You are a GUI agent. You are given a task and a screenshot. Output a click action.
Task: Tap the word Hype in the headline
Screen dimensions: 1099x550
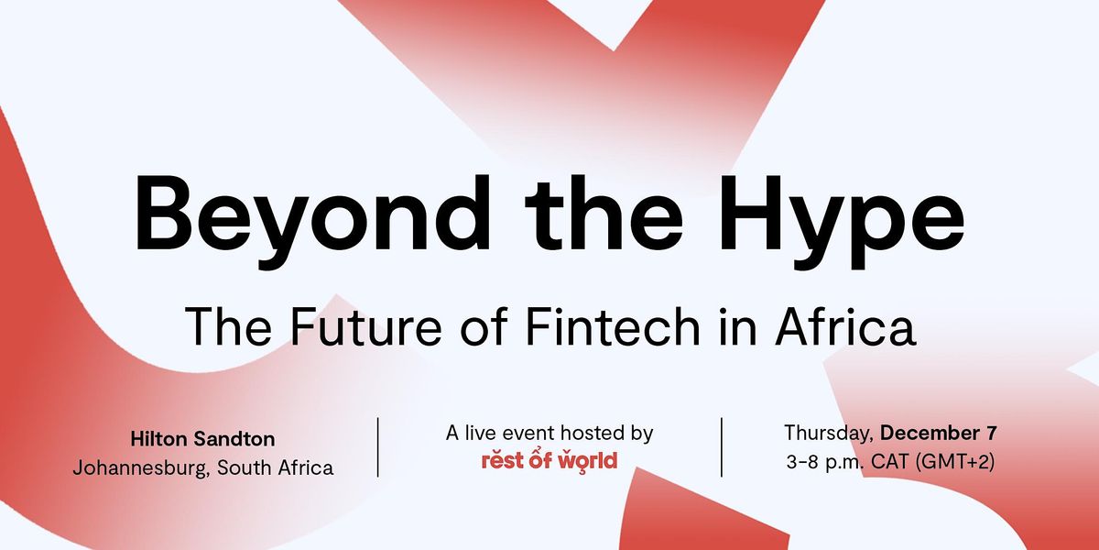pyautogui.click(x=841, y=221)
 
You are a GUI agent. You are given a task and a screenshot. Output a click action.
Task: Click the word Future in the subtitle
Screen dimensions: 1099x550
pyautogui.click(x=366, y=325)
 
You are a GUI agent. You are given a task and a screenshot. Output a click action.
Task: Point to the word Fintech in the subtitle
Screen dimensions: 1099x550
pyautogui.click(x=613, y=325)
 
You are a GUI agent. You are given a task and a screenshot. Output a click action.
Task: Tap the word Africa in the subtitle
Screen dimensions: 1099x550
pyautogui.click(x=845, y=325)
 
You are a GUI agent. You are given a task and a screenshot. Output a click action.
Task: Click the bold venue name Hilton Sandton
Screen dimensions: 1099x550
pyautogui.click(x=202, y=439)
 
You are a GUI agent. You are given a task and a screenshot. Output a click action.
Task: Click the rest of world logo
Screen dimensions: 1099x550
pyautogui.click(x=549, y=461)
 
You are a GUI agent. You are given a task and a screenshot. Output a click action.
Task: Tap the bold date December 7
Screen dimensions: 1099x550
pyautogui.click(x=939, y=433)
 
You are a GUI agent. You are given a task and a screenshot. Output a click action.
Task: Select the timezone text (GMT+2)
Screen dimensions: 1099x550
pyautogui.click(x=955, y=462)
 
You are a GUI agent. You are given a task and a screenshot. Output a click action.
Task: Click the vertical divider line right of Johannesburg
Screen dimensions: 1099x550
pyautogui.click(x=377, y=447)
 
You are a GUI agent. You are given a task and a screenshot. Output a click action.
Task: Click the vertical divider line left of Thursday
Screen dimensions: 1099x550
pyautogui.click(x=722, y=447)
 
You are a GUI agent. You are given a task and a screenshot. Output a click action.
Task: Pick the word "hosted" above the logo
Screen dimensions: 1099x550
pyautogui.click(x=591, y=433)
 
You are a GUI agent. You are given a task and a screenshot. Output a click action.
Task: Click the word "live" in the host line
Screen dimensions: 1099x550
pyautogui.click(x=482, y=433)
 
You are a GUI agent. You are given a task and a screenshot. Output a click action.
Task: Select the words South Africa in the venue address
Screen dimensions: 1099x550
pyautogui.click(x=276, y=467)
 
